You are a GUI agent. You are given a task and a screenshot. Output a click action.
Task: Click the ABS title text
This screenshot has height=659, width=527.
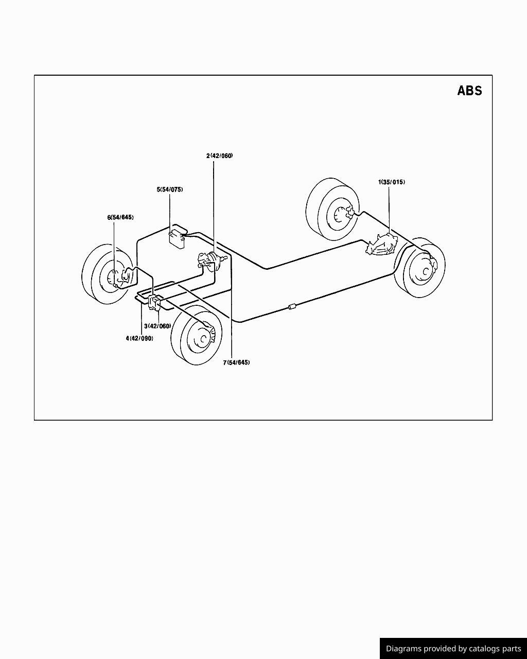(x=469, y=91)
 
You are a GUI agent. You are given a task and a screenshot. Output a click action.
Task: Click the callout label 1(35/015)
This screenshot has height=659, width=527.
(x=391, y=182)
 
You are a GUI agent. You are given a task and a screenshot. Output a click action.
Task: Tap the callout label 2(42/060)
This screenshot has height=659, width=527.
(x=219, y=156)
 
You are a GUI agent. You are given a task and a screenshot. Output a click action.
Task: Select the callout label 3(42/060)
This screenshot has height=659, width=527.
(x=157, y=326)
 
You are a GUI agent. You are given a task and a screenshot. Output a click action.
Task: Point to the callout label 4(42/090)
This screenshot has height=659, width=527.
(x=139, y=338)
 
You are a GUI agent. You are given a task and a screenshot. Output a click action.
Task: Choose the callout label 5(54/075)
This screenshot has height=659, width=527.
(x=170, y=189)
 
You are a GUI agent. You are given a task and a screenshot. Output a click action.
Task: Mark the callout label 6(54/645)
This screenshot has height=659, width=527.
(x=120, y=217)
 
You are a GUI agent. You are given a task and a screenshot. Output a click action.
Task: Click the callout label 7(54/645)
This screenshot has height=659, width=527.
(x=236, y=362)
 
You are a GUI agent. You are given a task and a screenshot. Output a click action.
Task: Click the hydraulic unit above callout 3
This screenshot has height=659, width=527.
(x=154, y=302)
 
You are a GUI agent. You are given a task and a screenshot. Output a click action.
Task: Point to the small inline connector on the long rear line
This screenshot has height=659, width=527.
(x=292, y=306)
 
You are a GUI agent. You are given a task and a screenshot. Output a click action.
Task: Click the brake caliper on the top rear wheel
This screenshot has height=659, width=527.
(x=349, y=212)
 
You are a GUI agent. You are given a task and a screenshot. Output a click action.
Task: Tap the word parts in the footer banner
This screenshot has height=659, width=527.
(x=512, y=649)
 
